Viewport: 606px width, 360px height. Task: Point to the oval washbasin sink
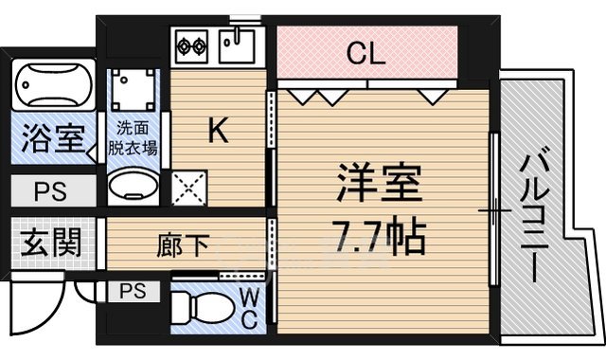(x=133, y=189)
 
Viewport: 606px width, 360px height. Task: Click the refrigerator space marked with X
(x=189, y=189)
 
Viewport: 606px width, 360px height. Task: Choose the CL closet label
(x=365, y=54)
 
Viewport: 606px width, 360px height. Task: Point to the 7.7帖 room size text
(x=379, y=232)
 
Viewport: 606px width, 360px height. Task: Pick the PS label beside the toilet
(x=133, y=291)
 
